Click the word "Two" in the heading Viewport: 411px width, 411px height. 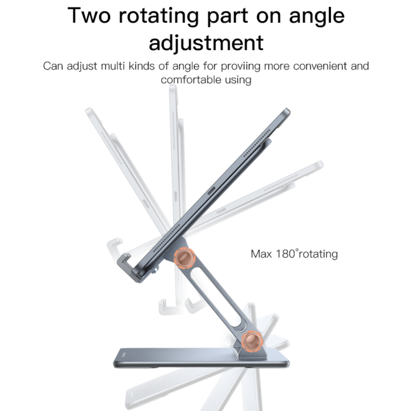pos(90,16)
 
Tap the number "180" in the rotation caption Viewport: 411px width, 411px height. pos(284,253)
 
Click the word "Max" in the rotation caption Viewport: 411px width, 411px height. pos(261,254)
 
